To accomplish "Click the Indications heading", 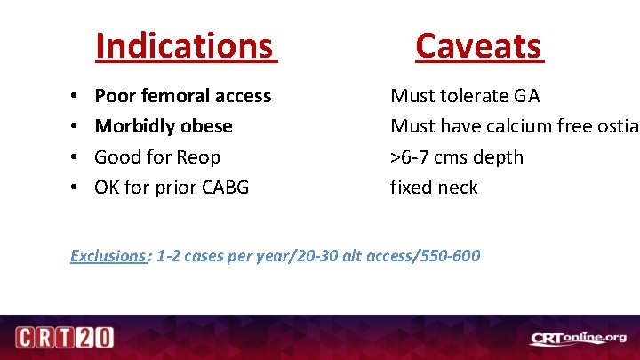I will [186, 45].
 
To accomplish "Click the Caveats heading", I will [478, 45].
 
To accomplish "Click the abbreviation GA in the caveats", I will [525, 96].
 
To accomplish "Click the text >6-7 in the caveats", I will [412, 157].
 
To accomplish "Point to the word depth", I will [497, 157].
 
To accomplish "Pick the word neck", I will [457, 188].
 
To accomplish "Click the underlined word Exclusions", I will [108, 256].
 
